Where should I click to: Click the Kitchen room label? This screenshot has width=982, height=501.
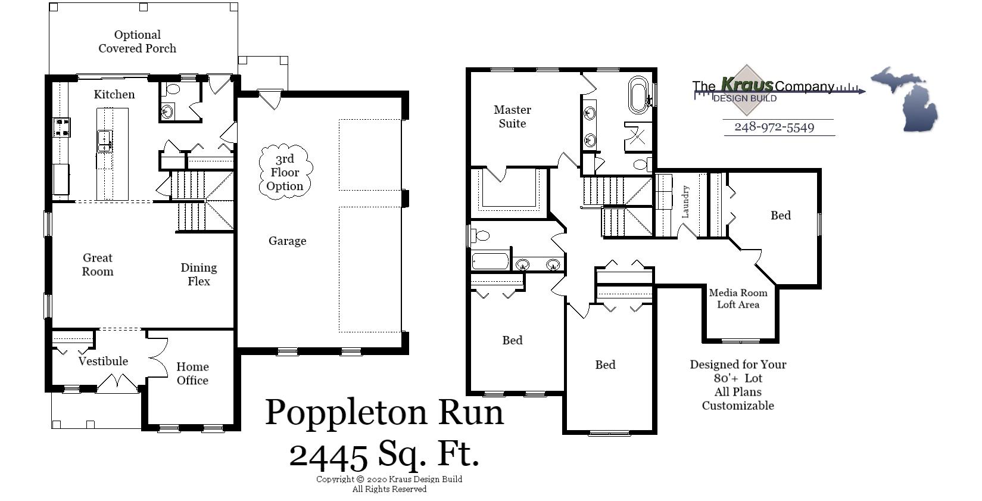[114, 94]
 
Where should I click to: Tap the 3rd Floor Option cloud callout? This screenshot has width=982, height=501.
[285, 173]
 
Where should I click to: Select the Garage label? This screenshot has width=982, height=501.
[287, 241]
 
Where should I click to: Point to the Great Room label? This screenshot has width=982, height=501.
[98, 264]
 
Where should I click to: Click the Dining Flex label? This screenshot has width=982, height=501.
[198, 275]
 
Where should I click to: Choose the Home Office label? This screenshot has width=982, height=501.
[192, 374]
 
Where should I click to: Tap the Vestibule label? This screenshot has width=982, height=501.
[103, 361]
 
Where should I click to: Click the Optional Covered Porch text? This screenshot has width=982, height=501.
[137, 42]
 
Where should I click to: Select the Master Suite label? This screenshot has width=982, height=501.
[512, 116]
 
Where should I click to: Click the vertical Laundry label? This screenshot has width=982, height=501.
[685, 201]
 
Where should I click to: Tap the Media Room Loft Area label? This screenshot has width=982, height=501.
[738, 298]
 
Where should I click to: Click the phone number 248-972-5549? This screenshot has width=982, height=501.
[774, 127]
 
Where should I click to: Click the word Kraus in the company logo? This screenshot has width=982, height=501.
[747, 85]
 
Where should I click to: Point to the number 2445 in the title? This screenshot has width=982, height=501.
[328, 456]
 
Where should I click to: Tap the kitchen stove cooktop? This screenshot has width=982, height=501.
[61, 127]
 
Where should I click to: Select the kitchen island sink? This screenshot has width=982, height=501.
[105, 141]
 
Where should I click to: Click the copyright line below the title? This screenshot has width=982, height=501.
[389, 479]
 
